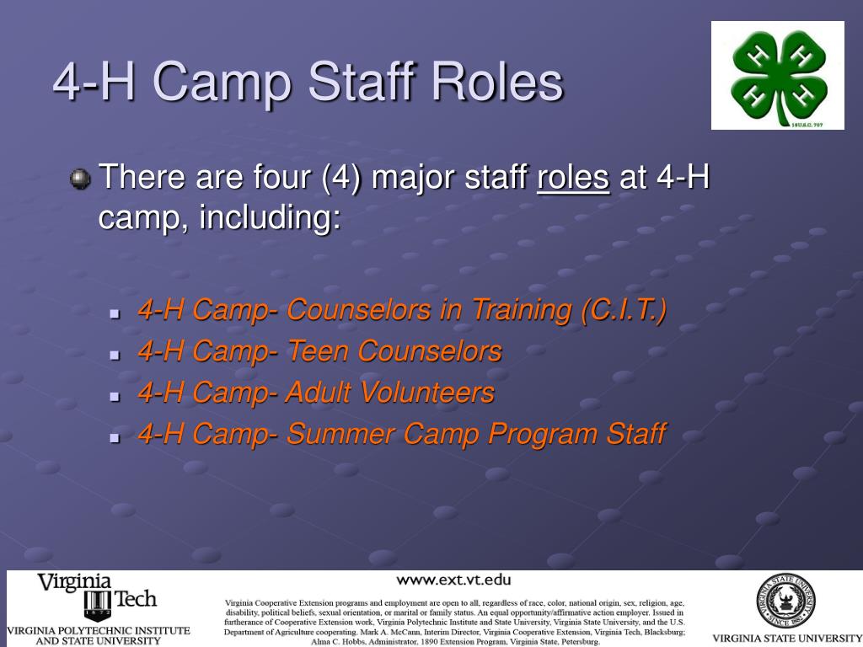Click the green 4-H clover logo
pos(777,76)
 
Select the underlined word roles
pos(573,178)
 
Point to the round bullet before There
pos(80,179)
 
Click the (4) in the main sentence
pos(342,178)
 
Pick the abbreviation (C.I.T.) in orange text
pos(624,310)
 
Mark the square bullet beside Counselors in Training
pos(115,313)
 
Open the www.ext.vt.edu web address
pos(453,579)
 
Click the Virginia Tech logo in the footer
pos(97,596)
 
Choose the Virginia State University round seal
pos(785,601)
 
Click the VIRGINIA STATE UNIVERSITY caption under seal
pos(785,638)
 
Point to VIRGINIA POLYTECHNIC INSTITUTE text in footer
pos(99,630)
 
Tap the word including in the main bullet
pos(270,218)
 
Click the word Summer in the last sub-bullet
pos(340,434)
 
